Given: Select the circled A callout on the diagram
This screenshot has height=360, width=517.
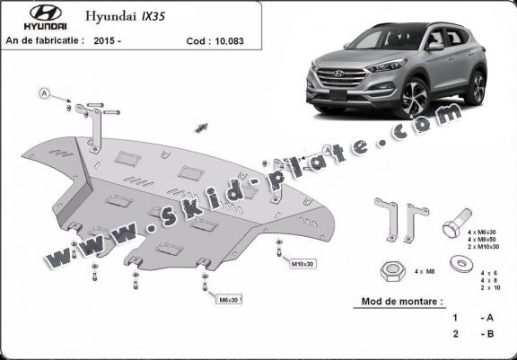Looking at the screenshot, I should pos(44,92).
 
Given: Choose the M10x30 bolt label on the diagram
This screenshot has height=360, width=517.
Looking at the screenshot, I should pos(302,265).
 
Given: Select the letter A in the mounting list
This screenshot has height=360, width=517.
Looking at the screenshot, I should pos(488,319).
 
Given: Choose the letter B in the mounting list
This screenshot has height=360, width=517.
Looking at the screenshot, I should pos(488,334).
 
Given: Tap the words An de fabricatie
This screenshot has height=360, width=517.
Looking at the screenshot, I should pos(46,40).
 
